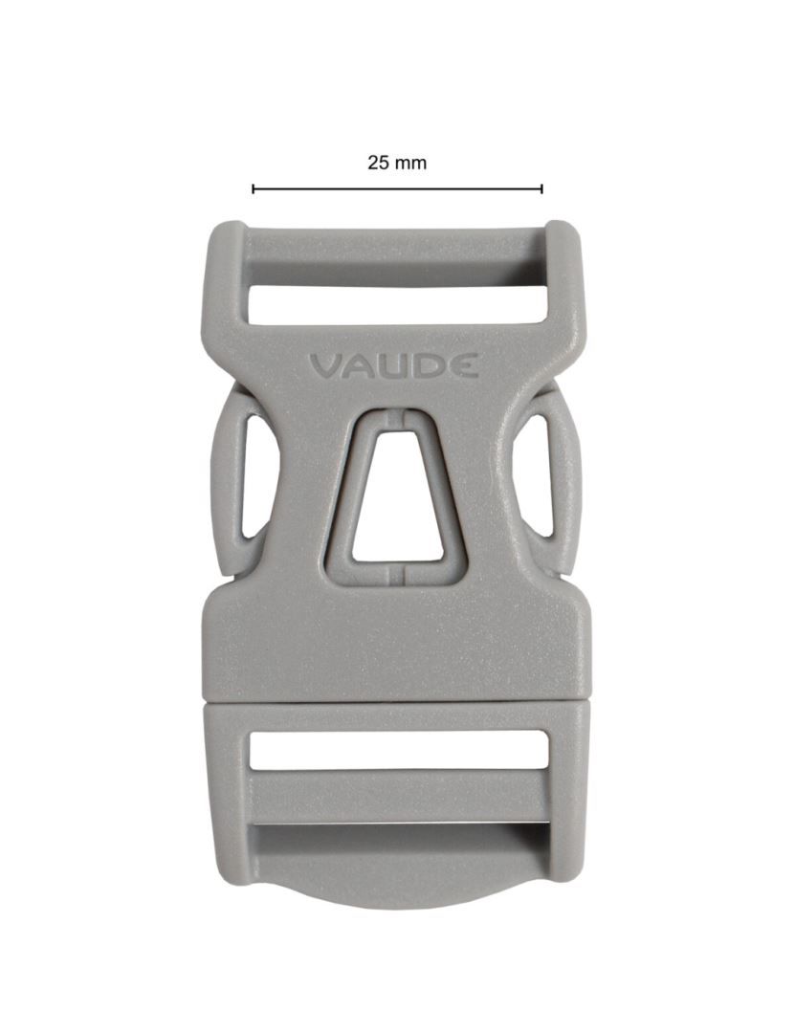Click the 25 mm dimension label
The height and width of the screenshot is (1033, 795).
tap(397, 163)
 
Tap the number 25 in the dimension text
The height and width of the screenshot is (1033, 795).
tap(379, 163)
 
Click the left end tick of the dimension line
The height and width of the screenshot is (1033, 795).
tap(254, 189)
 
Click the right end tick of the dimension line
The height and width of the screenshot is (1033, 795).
tap(541, 189)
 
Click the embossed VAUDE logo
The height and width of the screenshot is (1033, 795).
tap(394, 366)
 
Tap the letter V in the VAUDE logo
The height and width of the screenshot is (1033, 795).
tap(325, 367)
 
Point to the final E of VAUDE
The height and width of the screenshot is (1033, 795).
tap(465, 365)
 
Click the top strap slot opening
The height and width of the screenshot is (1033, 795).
tap(397, 304)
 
